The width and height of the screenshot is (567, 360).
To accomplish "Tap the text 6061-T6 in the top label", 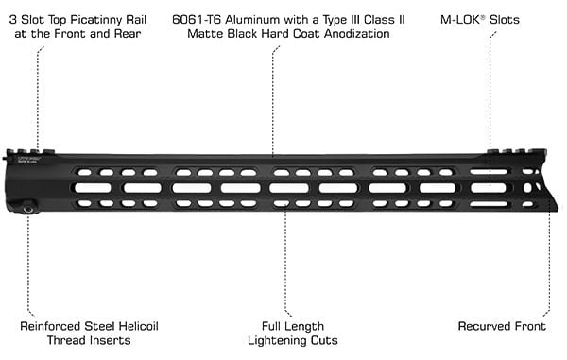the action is (196, 20).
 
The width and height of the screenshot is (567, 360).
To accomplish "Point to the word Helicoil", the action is (139, 326).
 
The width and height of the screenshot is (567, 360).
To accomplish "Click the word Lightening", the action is (273, 340).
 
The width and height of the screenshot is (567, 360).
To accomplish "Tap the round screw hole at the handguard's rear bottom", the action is (27, 209).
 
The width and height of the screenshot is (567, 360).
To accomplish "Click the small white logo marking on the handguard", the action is (28, 160).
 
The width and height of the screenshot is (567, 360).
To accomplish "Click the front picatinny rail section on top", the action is (516, 151).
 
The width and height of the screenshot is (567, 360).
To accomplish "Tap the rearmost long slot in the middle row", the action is (93, 188).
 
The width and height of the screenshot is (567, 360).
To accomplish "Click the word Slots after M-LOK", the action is (505, 20).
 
